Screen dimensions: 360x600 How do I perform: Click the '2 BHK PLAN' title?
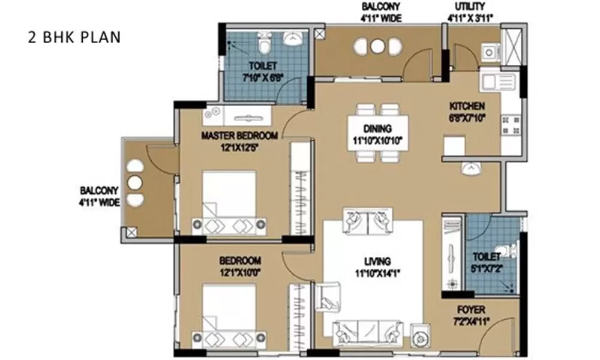(74, 37)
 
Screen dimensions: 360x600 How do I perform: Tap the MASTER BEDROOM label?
(239, 136)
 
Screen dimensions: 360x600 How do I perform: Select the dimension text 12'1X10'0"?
(239, 272)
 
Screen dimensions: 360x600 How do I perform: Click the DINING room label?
(377, 128)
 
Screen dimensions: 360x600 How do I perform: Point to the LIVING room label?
(377, 261)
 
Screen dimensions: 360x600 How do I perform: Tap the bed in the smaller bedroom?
(229, 315)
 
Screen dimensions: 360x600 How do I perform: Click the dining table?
(378, 133)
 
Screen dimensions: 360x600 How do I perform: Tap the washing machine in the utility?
(491, 52)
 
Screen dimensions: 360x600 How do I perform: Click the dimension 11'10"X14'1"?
(377, 272)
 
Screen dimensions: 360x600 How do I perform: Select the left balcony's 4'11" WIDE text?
(100, 202)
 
